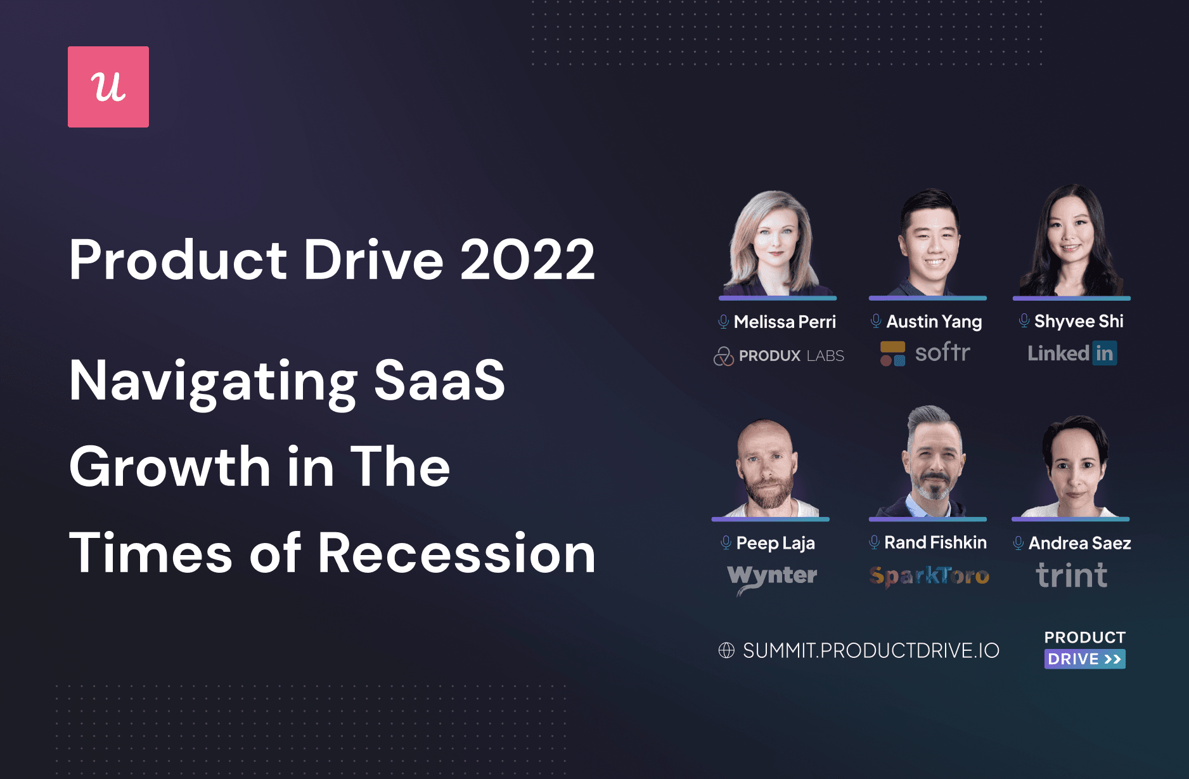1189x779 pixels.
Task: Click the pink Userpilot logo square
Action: (x=108, y=87)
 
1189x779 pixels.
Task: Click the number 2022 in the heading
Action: (x=527, y=259)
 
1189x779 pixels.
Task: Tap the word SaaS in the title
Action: (x=439, y=381)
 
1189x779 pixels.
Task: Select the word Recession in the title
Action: (x=456, y=553)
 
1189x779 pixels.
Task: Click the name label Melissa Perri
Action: (x=785, y=322)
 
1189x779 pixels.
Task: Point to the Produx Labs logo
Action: (x=779, y=356)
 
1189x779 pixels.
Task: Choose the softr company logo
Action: (x=925, y=353)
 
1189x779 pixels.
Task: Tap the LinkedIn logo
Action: (x=1072, y=353)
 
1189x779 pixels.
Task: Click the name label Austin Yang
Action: (x=934, y=322)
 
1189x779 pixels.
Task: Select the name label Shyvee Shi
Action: (x=1079, y=322)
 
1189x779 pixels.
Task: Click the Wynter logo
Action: (x=772, y=578)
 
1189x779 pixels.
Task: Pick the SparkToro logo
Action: (x=929, y=576)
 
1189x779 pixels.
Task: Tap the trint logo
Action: (x=1072, y=575)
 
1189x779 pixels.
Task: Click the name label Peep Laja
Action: (x=776, y=543)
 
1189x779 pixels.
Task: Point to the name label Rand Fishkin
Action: (x=935, y=542)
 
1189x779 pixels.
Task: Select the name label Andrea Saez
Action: (x=1080, y=543)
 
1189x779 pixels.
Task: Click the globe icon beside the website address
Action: (x=726, y=650)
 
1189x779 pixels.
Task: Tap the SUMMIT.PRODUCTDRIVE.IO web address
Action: (x=871, y=650)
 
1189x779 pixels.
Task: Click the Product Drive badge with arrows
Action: (x=1085, y=649)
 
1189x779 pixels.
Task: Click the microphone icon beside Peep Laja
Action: (x=726, y=542)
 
